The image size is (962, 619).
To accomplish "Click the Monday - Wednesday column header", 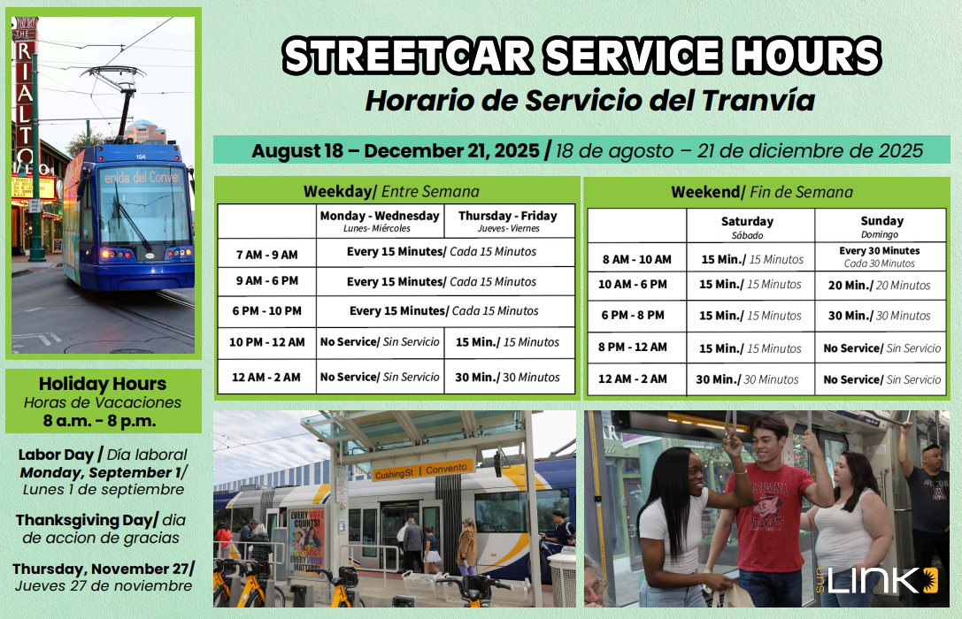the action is click(380, 221).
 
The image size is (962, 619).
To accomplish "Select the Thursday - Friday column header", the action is click(508, 221).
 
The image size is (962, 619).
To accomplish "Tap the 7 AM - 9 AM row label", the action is click(267, 255).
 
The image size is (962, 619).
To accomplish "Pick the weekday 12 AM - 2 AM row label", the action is click(266, 378).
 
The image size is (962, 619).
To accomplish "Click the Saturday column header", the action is click(747, 226).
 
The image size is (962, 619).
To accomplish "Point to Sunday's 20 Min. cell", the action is click(879, 286).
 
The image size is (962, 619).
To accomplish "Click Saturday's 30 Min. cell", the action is click(747, 380).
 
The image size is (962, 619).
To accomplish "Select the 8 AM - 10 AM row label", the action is click(637, 259).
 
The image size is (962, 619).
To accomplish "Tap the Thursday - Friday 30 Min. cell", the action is click(507, 378).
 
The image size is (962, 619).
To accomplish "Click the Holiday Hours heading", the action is click(103, 384).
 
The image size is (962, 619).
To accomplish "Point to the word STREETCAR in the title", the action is click(409, 56).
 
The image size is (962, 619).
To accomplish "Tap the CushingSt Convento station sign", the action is click(423, 470).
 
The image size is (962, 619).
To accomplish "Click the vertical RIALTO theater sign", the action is click(25, 98).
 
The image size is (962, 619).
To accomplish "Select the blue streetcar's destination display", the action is click(142, 178).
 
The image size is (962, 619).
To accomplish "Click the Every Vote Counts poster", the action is click(307, 542).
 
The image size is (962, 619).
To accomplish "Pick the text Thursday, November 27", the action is click(103, 569).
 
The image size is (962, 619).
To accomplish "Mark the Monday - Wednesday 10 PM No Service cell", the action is click(380, 342).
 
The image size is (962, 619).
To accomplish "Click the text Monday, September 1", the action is click(103, 472).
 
